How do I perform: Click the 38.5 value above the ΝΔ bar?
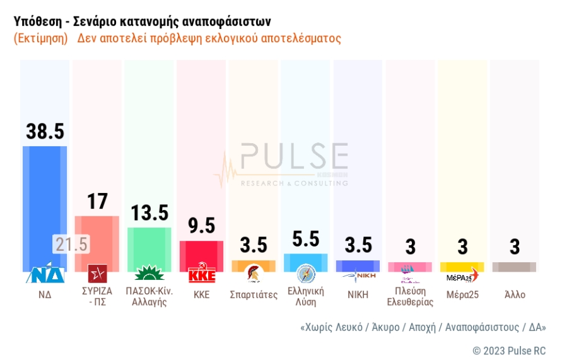[45, 131]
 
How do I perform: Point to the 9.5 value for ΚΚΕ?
[202, 225]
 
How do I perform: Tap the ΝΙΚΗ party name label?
[358, 294]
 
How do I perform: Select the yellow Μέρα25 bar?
[462, 267]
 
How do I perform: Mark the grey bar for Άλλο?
[514, 267]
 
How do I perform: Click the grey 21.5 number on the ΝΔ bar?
[71, 244]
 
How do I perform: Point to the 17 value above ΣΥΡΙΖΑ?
[97, 201]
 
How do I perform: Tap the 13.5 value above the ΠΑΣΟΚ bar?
[149, 212]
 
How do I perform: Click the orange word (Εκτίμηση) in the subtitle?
[40, 38]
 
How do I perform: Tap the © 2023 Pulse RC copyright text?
[509, 351]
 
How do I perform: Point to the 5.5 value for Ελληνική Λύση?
[306, 239]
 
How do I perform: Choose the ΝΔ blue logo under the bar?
[45, 275]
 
